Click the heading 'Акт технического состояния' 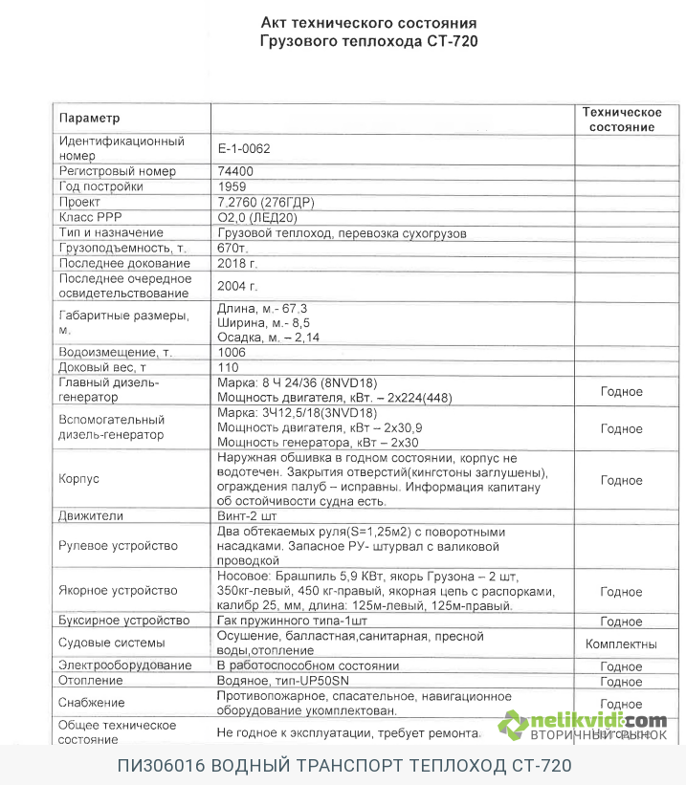(368, 23)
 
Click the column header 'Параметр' (91, 118)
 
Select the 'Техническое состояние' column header (622, 120)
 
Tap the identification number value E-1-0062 (244, 148)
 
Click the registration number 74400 (236, 171)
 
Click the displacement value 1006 (232, 352)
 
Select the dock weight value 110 (228, 367)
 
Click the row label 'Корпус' (79, 479)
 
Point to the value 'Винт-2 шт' (249, 515)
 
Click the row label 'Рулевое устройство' (119, 546)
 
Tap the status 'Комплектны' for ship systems (621, 643)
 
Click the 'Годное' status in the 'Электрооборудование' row (621, 666)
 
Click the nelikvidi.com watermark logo (585, 723)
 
